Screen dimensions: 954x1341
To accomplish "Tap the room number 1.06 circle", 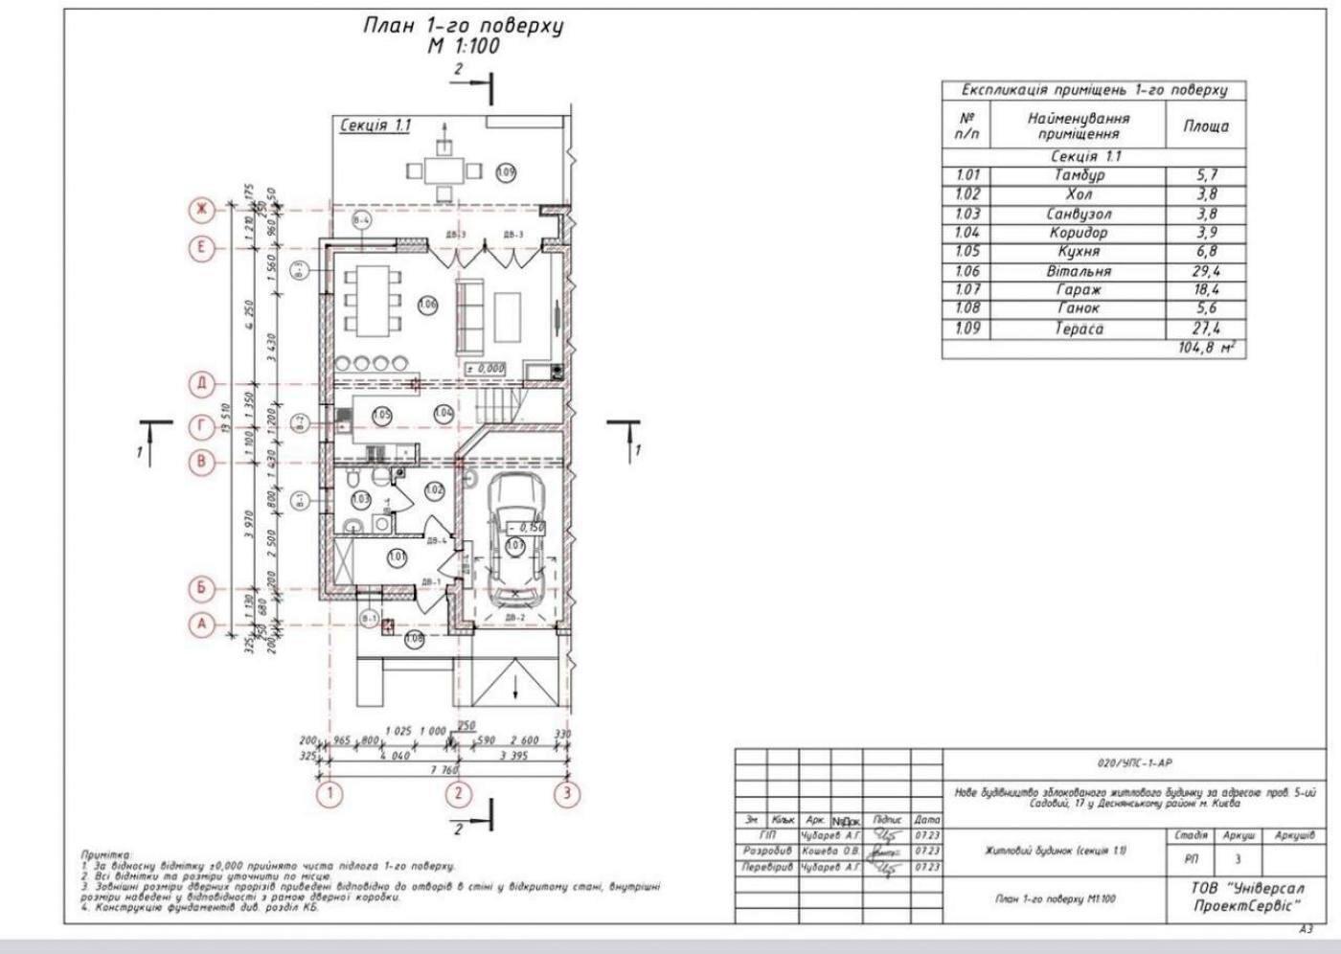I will [427, 305].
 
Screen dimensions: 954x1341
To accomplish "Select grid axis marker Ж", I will [202, 209].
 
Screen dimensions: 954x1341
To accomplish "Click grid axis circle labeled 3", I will [567, 793].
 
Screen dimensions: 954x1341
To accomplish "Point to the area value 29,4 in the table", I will [1205, 271].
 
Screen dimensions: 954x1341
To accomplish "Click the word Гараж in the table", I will [1079, 290].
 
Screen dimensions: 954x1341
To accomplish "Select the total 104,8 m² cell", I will [1206, 349].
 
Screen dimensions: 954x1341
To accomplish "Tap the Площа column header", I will [1205, 125].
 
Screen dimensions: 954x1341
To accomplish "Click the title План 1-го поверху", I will [463, 26].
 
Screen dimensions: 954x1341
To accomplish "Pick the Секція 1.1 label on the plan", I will [375, 125].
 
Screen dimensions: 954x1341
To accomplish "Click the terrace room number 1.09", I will [507, 172].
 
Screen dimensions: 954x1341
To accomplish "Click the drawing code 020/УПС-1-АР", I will [1135, 763].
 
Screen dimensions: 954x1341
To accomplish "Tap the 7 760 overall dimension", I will [443, 770].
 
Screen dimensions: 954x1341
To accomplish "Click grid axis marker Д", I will [202, 384].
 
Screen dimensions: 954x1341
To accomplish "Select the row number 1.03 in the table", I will [967, 214].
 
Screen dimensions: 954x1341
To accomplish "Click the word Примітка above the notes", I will [106, 853].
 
